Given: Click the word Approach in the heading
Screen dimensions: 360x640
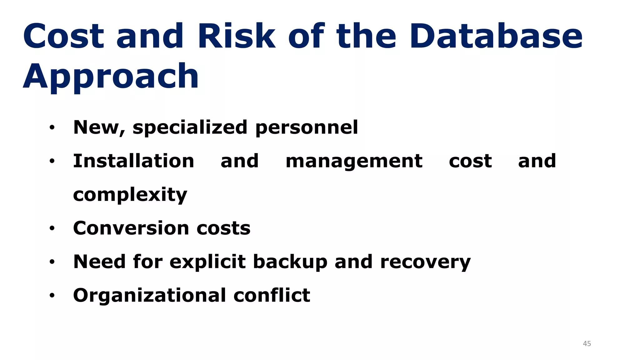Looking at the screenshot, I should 111,77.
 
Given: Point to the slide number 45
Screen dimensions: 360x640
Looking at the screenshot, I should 587,344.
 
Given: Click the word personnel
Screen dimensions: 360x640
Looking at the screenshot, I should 307,128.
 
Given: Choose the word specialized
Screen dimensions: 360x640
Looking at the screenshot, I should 190,128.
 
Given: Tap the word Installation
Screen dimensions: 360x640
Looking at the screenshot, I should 133,161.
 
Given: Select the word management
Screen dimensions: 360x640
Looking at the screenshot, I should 354,161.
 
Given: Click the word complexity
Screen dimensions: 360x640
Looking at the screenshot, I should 130,195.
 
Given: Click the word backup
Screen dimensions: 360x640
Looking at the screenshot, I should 290,262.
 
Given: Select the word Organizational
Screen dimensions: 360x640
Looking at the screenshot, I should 149,296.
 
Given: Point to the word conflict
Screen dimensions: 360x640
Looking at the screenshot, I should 272,295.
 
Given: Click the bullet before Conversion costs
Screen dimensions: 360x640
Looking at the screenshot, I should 52,229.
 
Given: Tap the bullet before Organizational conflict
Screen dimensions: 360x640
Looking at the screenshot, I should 52,296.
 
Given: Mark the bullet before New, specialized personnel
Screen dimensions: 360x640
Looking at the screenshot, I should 52,127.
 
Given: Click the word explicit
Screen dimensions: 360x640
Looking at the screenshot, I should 207,262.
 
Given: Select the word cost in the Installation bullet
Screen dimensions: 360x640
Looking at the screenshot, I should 470,161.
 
